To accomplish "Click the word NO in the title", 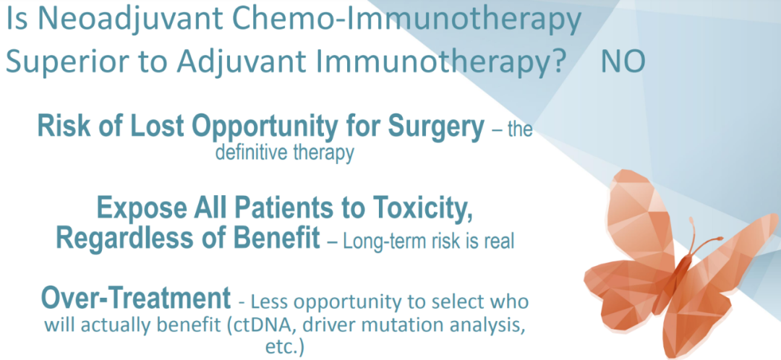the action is click(x=623, y=62).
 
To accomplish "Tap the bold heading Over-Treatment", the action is click(x=136, y=299).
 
